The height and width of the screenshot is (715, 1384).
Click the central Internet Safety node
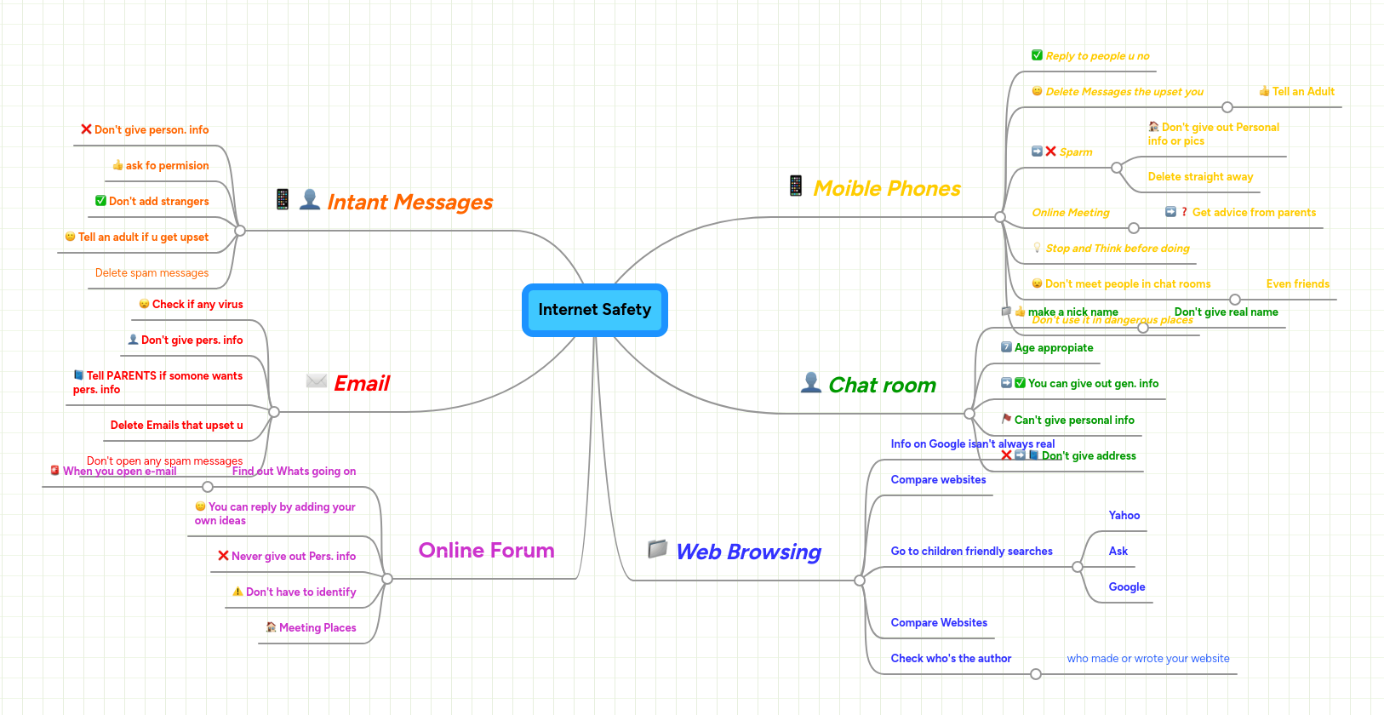[594, 310]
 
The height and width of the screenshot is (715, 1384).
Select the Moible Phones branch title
[886, 189]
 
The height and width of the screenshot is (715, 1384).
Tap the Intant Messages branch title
[409, 203]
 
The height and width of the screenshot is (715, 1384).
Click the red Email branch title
[361, 384]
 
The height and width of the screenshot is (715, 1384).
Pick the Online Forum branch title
[486, 551]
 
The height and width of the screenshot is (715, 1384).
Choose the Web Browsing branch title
[748, 552]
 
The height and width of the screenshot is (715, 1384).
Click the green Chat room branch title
[882, 386]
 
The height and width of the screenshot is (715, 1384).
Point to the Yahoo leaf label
[1124, 516]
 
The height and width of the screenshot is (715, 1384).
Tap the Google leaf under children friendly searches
[1126, 587]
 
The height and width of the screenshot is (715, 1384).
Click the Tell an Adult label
[1302, 92]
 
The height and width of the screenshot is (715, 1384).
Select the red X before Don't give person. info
[86, 129]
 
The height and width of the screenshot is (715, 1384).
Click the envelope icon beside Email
[317, 381]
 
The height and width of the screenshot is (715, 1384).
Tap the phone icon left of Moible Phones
[796, 186]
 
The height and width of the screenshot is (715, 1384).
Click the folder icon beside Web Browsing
[657, 549]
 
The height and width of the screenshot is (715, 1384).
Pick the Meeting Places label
[317, 628]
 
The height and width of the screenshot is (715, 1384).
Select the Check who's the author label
[951, 659]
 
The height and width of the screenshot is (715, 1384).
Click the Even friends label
[1297, 284]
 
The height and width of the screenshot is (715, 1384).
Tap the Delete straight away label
[1200, 177]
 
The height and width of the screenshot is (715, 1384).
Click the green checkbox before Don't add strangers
[100, 201]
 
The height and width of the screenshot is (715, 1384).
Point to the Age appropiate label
[1053, 348]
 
